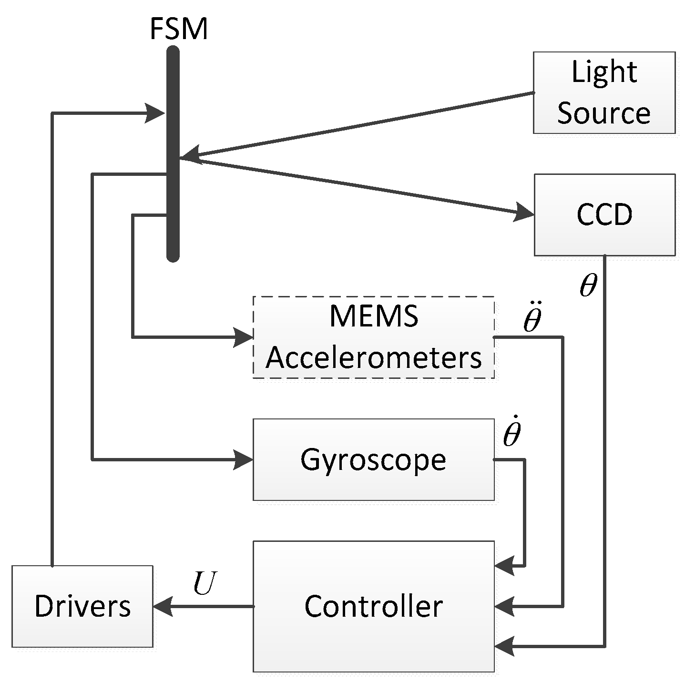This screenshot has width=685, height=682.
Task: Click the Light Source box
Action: pyautogui.click(x=603, y=92)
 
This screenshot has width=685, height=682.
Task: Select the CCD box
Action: pyautogui.click(x=604, y=214)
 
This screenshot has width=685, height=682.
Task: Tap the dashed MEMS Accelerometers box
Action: pyautogui.click(x=373, y=337)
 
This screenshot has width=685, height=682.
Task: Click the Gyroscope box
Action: pyautogui.click(x=373, y=459)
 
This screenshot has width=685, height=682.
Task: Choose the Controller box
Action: pyautogui.click(x=373, y=606)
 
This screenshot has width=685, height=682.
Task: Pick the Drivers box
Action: pyautogui.click(x=82, y=606)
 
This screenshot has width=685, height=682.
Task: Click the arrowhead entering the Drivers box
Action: pyautogui.click(x=162, y=606)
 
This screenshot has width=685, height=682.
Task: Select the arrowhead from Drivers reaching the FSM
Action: pyautogui.click(x=155, y=113)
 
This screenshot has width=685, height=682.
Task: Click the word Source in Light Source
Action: pyautogui.click(x=603, y=113)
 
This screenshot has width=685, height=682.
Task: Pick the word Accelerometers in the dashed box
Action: pyautogui.click(x=373, y=357)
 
